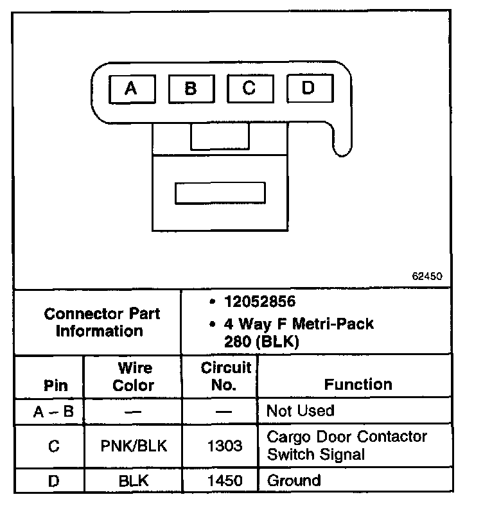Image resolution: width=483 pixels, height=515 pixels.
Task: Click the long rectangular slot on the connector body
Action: tap(220, 193)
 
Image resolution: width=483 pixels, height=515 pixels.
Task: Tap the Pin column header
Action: tap(55, 386)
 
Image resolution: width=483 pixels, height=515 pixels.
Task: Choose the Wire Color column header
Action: tap(134, 377)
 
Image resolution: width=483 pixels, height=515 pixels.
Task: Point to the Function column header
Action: tap(358, 385)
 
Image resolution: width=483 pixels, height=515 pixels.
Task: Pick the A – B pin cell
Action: tap(54, 412)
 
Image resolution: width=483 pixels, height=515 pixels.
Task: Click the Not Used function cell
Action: tap(301, 411)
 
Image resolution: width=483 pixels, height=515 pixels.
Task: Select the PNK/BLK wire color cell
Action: tap(134, 446)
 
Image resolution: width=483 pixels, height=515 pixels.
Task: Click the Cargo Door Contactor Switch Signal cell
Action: tap(347, 446)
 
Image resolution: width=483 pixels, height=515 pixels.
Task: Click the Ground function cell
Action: tap(294, 480)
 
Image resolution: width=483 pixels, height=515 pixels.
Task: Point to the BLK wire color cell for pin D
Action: tap(134, 480)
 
